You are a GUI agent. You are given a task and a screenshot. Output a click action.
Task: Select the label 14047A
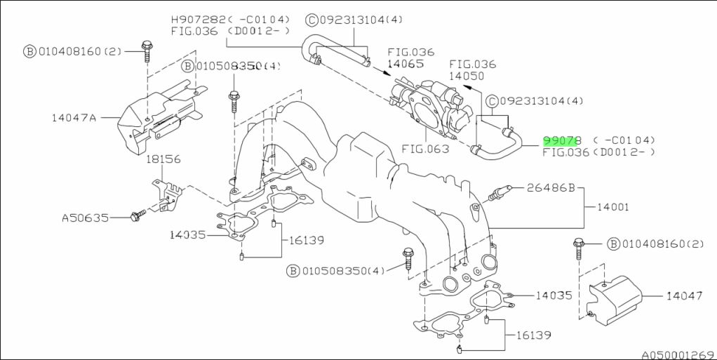[74, 117]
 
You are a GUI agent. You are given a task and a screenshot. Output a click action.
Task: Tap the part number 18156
[163, 159]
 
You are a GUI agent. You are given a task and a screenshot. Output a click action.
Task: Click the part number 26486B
[551, 188]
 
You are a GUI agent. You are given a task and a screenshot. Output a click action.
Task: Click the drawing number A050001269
[678, 354]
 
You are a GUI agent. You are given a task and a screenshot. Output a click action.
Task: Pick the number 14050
[467, 75]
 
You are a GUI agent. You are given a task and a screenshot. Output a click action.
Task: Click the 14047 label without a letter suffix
[684, 296]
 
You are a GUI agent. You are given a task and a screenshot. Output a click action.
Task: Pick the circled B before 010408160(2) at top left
[29, 51]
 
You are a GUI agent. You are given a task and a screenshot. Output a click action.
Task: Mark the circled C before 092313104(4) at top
[311, 20]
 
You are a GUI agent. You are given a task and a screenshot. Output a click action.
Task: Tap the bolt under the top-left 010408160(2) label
[147, 51]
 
